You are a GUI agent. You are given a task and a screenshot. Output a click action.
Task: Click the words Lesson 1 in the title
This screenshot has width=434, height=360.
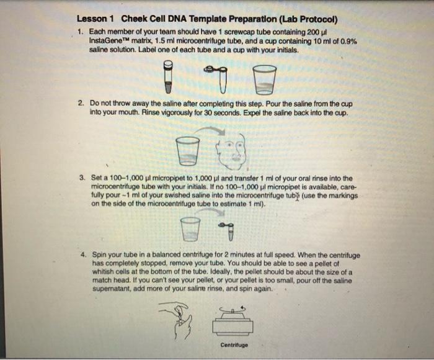pyautogui.click(x=96, y=17)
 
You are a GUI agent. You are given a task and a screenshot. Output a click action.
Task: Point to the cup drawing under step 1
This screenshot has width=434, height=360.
pyautogui.click(x=265, y=79)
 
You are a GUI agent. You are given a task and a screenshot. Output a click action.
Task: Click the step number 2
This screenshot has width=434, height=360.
pyautogui.click(x=81, y=103)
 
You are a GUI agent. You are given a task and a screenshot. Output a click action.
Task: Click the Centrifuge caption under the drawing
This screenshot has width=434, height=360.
pyautogui.click(x=233, y=345)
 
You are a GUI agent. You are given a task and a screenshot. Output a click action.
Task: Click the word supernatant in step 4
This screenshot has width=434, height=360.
pyautogui.click(x=112, y=289)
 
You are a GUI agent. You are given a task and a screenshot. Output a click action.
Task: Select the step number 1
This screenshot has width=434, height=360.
pyautogui.click(x=81, y=31)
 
